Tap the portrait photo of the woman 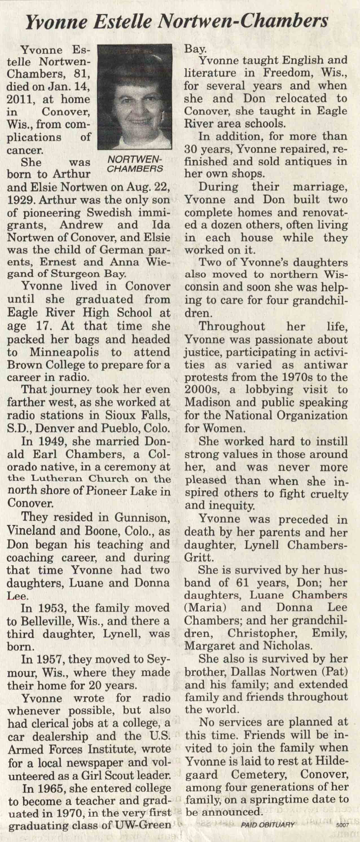pos(134,96)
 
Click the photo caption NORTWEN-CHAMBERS pos(135,164)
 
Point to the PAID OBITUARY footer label pos(268,834)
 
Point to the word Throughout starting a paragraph pos(232,326)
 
